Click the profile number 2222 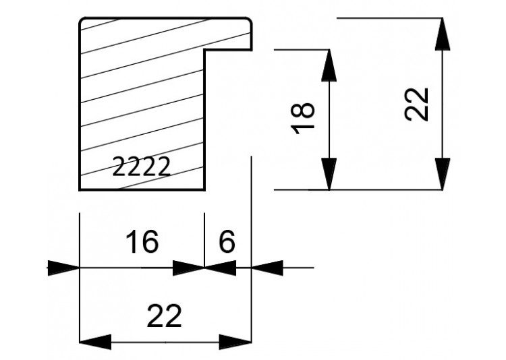[x=141, y=167]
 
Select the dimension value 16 [x=142, y=241]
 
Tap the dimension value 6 [x=227, y=241]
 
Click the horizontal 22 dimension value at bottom [x=164, y=316]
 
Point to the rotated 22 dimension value [x=416, y=104]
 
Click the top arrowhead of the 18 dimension [x=329, y=65]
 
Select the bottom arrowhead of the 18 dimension [x=329, y=174]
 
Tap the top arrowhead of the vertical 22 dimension [x=443, y=34]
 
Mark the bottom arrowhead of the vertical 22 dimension [x=443, y=174]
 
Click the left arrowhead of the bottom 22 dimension [x=95, y=342]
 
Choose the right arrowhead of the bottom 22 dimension [x=235, y=342]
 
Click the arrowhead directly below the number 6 [x=221, y=268]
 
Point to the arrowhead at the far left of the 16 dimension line [x=63, y=268]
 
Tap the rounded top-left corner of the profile [x=82, y=21]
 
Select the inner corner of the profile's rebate [x=204, y=50]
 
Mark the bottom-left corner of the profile [x=80, y=190]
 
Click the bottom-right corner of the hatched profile [x=204, y=190]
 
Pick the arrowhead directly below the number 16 [x=189, y=268]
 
